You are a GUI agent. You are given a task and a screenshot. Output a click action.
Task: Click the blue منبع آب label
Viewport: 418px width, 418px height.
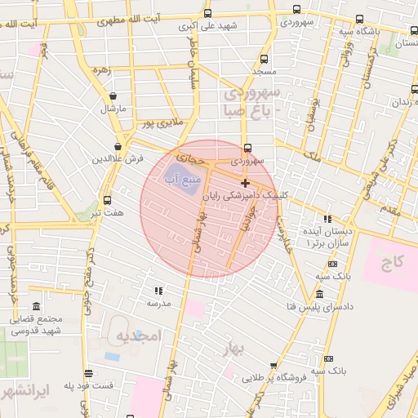180,177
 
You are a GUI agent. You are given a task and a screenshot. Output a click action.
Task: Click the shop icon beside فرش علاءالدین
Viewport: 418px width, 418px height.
118,147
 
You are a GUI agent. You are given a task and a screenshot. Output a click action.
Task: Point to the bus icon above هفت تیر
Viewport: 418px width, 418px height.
108,200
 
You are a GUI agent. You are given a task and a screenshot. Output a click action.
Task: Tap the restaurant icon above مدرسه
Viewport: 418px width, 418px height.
158,291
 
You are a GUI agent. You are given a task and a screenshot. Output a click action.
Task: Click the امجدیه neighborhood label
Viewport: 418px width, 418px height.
136,336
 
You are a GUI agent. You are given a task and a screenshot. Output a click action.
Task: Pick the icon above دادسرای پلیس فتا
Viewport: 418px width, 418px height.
318,295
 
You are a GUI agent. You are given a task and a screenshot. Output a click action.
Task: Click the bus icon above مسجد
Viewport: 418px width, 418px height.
264,59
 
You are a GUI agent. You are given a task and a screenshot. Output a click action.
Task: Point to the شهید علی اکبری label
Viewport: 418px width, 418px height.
210,25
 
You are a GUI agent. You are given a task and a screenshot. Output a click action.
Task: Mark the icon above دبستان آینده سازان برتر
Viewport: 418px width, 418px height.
327,219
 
